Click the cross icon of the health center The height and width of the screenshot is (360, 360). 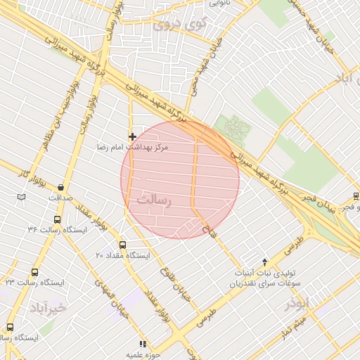(x=132, y=136)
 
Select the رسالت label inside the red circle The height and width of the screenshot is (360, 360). (x=153, y=200)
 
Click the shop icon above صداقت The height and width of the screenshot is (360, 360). (x=62, y=187)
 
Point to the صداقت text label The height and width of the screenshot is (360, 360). (x=62, y=198)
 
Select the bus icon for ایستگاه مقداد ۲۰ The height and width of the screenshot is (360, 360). (x=123, y=245)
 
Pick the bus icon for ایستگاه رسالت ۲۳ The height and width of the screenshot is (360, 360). (x=34, y=272)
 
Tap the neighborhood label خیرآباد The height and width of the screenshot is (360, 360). (x=48, y=308)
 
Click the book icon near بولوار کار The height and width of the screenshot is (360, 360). (x=22, y=196)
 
